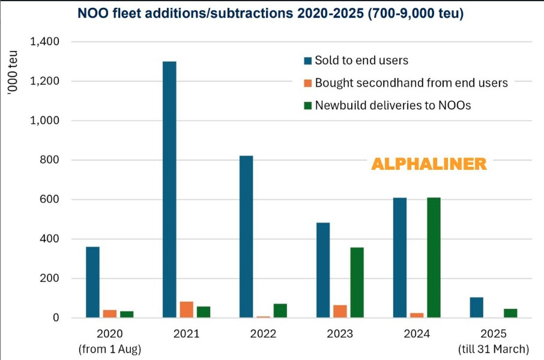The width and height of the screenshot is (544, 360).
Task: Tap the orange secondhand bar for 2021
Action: (x=186, y=310)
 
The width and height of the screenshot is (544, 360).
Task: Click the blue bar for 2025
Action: (x=476, y=307)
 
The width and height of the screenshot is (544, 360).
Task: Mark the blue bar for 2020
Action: (x=92, y=282)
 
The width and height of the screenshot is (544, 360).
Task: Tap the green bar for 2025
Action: (x=510, y=313)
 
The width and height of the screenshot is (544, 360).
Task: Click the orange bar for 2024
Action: (x=417, y=315)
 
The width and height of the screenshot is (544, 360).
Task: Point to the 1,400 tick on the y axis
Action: (x=46, y=42)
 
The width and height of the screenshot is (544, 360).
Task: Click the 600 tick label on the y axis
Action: (x=51, y=199)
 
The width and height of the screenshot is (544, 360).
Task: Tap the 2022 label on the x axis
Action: (x=262, y=334)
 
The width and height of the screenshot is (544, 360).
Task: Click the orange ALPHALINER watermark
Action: (x=429, y=164)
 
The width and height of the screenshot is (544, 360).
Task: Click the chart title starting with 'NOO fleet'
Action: (x=270, y=13)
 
